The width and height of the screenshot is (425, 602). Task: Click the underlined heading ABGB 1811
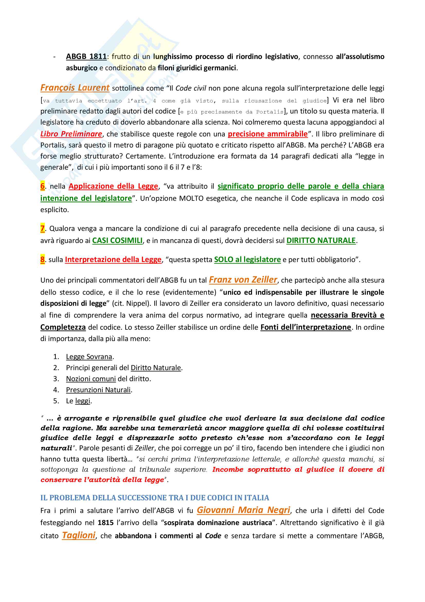pos(86,57)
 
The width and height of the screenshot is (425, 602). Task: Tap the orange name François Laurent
pos(75,88)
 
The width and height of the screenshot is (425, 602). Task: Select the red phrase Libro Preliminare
pos(71,134)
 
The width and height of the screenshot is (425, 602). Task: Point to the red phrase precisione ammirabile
pos(267,134)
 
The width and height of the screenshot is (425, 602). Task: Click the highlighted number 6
pos(42,186)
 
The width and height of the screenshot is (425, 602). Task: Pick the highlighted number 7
pos(42,229)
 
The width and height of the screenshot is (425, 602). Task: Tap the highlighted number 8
pos(42,260)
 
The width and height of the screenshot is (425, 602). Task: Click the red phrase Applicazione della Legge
pos(113,186)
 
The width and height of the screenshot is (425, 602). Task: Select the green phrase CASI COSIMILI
pos(117,240)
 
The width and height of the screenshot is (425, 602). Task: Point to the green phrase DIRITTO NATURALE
pos(321,240)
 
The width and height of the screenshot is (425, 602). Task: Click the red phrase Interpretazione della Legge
pos(113,260)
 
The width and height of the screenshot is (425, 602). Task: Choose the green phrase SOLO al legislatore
pos(247,260)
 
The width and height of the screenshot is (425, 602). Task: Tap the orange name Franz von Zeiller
pos(243,280)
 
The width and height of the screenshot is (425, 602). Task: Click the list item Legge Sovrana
pos(89,356)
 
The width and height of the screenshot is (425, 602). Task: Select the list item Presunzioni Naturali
pos(98,390)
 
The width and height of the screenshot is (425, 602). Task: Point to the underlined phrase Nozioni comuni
pos(91,379)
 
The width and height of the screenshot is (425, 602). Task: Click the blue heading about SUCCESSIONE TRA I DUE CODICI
pos(155,498)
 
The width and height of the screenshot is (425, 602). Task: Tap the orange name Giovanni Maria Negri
pos(243,510)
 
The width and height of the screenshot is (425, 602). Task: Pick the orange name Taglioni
pos(79,535)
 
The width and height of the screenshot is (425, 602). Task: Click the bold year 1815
pos(105,523)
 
